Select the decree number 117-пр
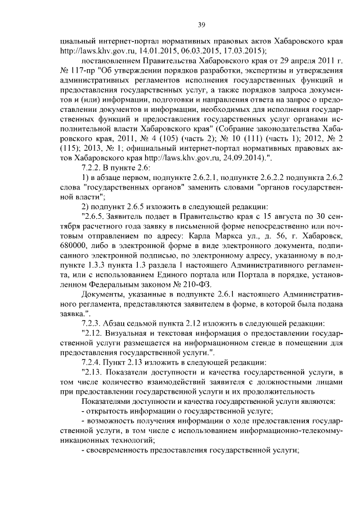(80, 71)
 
